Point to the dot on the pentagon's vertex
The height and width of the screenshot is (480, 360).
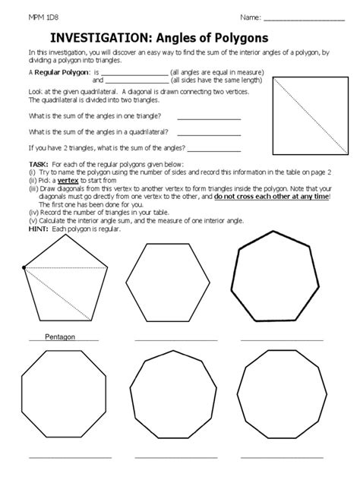25,267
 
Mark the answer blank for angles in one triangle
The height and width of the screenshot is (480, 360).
208,118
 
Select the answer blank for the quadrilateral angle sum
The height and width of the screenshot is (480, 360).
208,132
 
